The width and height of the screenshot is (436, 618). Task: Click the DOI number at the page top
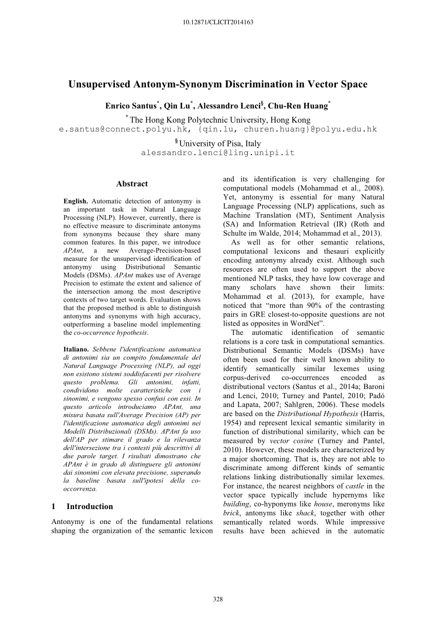click(x=218, y=22)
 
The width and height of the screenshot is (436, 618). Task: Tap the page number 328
click(x=217, y=598)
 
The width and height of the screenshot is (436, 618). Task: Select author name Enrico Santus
click(x=131, y=106)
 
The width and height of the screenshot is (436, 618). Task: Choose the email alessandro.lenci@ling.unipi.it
click(x=218, y=153)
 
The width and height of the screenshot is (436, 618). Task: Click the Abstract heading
click(x=132, y=183)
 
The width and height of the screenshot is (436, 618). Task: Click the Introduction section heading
click(x=89, y=506)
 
